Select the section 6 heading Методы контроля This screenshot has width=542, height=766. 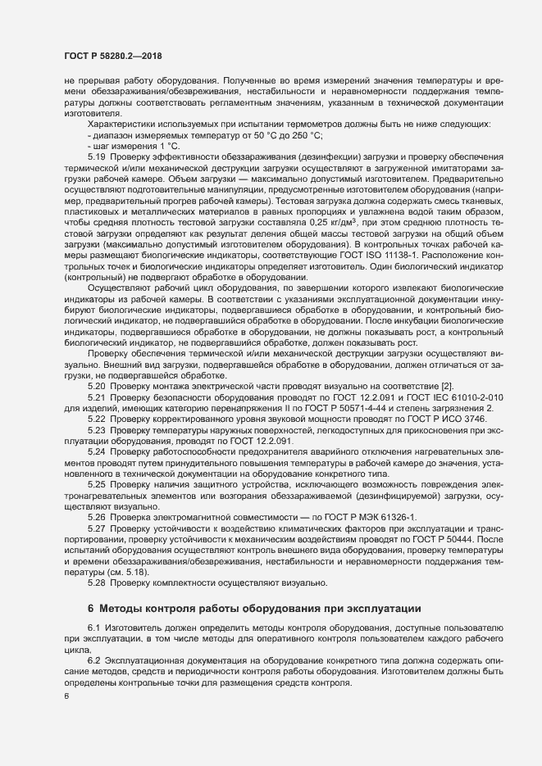click(x=254, y=609)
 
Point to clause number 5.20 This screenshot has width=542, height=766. click(x=98, y=385)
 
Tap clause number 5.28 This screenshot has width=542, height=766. click(x=98, y=582)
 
